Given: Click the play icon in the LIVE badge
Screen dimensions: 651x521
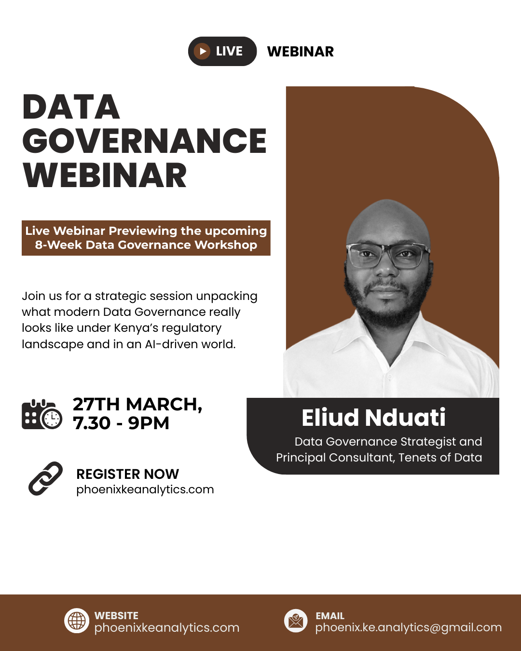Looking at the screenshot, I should (x=202, y=51).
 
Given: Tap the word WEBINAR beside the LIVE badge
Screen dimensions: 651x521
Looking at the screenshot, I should (x=300, y=52).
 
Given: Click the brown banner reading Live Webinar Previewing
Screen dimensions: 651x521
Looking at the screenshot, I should (x=146, y=238).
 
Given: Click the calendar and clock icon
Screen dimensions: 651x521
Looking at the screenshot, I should (x=42, y=414).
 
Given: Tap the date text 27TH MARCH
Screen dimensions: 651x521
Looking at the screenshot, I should (x=137, y=404).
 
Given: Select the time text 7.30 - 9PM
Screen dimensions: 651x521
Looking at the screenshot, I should (x=121, y=423).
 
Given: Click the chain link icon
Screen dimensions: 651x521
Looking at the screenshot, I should (x=46, y=478).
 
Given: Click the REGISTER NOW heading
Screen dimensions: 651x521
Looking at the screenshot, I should (x=127, y=474).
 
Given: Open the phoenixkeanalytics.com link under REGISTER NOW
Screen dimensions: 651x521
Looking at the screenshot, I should (x=145, y=489).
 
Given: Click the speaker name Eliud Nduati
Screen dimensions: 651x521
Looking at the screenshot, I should (x=373, y=418).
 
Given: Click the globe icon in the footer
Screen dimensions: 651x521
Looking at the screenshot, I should (x=77, y=621).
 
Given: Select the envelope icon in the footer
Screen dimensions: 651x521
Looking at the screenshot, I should (x=296, y=621).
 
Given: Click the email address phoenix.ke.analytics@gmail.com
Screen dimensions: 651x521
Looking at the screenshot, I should (x=408, y=627).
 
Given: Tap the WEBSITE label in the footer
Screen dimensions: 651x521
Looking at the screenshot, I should (x=116, y=616).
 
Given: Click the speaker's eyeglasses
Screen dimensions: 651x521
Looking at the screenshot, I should (x=388, y=256).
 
